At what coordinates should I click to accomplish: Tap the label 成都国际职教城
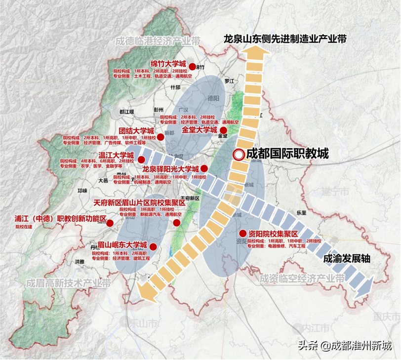(287, 154)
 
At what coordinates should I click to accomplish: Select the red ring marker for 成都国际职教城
(238, 155)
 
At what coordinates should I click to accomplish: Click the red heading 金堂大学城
(200, 130)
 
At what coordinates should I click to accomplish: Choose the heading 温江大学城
(116, 155)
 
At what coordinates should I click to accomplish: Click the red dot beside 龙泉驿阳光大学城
(204, 168)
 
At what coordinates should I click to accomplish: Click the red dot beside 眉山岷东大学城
(153, 246)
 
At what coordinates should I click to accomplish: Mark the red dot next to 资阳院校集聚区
(242, 234)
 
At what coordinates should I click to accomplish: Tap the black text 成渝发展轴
(347, 258)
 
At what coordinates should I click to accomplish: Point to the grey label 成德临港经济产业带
(156, 41)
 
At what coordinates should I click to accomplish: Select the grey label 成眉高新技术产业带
(69, 283)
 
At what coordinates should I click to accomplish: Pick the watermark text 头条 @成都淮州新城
(345, 345)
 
